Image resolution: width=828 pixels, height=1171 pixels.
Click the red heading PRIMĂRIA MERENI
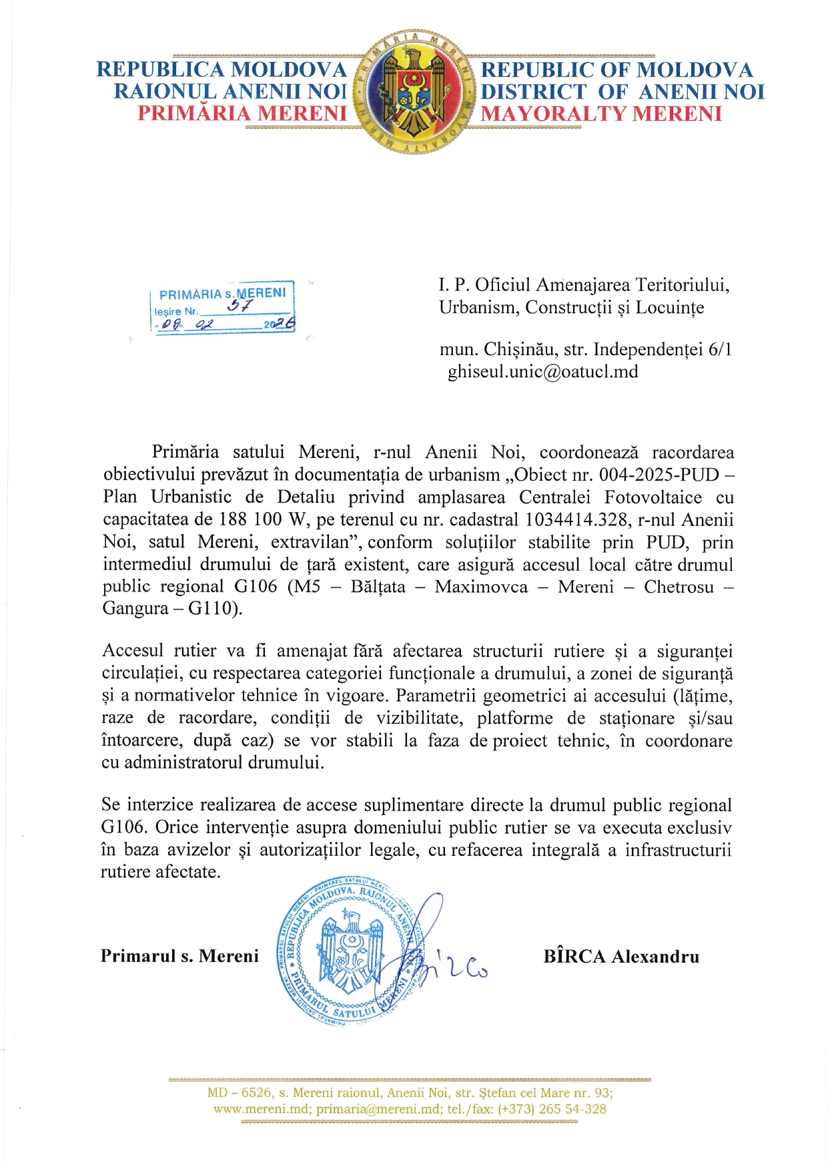[x=242, y=114]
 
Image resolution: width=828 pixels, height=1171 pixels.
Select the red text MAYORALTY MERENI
[x=601, y=114]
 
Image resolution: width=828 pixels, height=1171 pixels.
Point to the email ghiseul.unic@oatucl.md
[x=542, y=371]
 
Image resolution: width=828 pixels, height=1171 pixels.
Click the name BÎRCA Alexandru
[x=621, y=957]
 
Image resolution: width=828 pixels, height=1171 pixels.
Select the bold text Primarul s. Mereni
[x=179, y=956]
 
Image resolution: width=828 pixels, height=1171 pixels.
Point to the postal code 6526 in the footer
[x=256, y=1093]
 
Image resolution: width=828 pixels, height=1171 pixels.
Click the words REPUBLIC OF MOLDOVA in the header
[x=616, y=70]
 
